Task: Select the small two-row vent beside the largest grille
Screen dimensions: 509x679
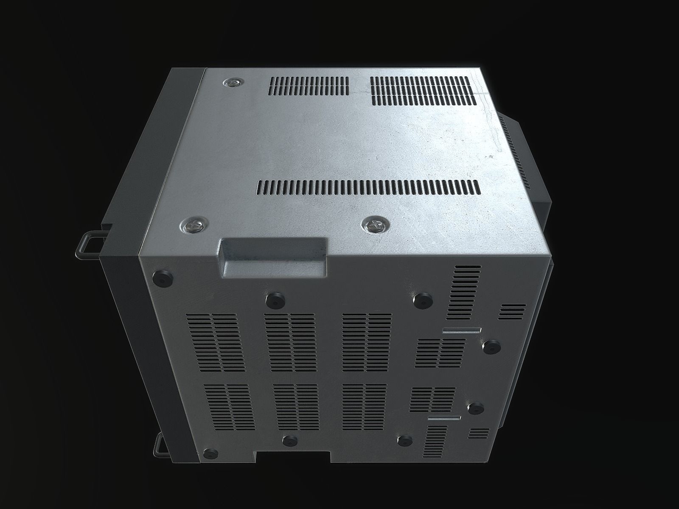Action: pos(309,86)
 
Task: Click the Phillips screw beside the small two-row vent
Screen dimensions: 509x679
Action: pos(232,84)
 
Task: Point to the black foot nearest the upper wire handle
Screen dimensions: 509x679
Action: pos(163,278)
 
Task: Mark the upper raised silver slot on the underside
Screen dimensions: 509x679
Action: pos(461,331)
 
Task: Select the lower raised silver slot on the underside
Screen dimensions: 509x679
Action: pos(444,419)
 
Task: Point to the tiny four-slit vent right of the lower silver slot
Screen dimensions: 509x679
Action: pos(478,433)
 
